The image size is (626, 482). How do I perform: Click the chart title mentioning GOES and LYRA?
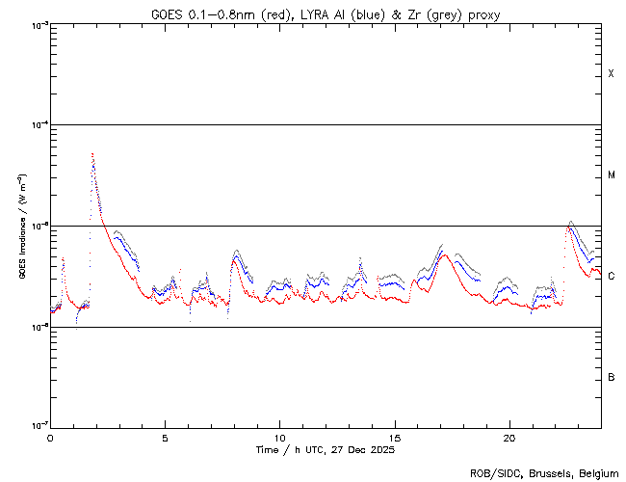pos(326,13)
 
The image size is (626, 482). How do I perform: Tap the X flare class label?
pos(611,74)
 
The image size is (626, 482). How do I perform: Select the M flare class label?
pos(611,175)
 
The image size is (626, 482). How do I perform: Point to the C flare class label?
pos(611,277)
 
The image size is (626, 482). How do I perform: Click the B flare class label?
pos(611,377)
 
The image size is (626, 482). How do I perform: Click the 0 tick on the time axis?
pos(50,437)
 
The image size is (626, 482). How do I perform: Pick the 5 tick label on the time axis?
pos(165,437)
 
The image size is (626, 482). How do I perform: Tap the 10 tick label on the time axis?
pos(279,437)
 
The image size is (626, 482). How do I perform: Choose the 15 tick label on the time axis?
pos(394,437)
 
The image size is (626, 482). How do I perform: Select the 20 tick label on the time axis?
pos(509,437)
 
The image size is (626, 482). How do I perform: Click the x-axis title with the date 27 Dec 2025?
pos(326,449)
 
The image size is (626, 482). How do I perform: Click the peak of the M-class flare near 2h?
pos(92,154)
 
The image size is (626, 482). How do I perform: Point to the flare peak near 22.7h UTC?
pos(570,222)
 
